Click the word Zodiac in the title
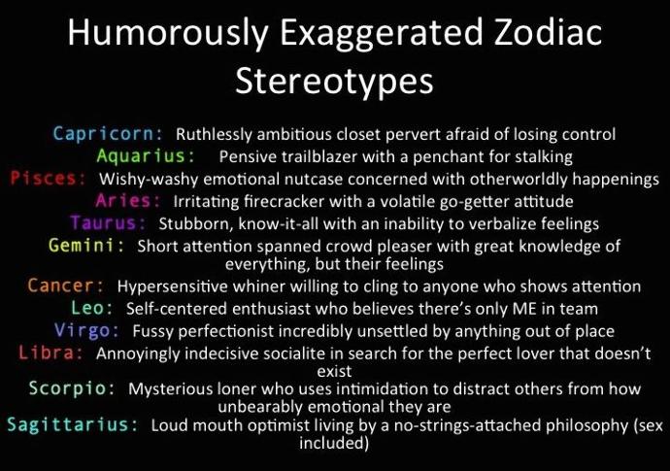point(548,32)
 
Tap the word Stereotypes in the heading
point(335,83)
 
